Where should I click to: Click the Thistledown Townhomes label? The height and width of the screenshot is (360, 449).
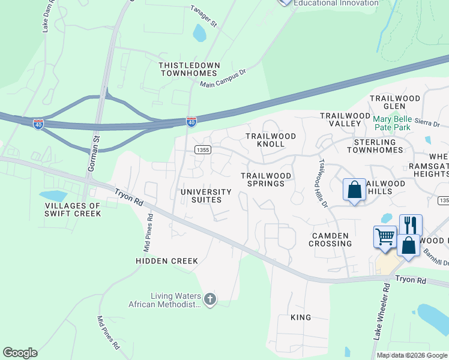pyautogui.click(x=189, y=68)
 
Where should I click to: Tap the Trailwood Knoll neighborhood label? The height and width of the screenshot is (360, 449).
pyautogui.click(x=271, y=140)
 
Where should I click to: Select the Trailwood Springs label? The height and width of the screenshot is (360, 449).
pyautogui.click(x=266, y=179)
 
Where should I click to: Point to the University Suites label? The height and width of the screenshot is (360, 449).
pyautogui.click(x=206, y=196)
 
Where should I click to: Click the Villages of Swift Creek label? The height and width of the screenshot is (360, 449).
pyautogui.click(x=73, y=209)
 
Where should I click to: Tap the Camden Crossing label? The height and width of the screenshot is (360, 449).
pyautogui.click(x=330, y=239)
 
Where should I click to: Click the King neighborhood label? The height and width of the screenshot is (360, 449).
pyautogui.click(x=301, y=317)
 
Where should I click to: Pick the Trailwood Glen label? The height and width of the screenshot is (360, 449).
pyautogui.click(x=395, y=102)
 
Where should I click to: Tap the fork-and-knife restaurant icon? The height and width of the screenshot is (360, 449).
pyautogui.click(x=411, y=224)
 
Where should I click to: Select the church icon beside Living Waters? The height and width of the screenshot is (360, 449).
pyautogui.click(x=209, y=298)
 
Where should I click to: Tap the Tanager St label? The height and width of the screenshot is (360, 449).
pyautogui.click(x=203, y=16)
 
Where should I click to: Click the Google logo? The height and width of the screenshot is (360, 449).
pyautogui.click(x=20, y=353)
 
